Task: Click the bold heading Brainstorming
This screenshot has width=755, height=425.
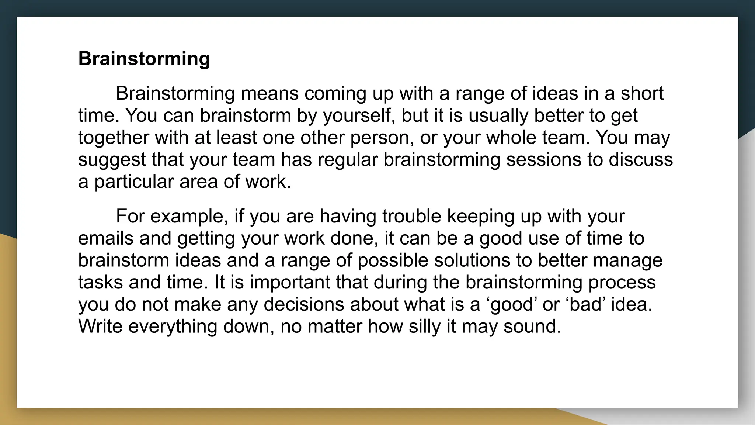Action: point(144,59)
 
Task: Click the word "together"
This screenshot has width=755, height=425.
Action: point(114,138)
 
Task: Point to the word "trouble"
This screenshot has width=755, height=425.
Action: point(411,216)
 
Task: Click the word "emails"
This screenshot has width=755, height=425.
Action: point(106,238)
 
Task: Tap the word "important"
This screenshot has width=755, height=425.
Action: point(290,282)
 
